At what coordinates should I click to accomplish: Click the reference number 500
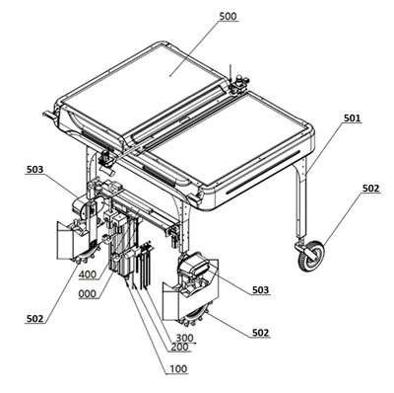point(228,16)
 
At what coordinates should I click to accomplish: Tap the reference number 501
point(352,118)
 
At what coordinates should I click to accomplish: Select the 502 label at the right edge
point(370,189)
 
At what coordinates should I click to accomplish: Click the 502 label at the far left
point(34,318)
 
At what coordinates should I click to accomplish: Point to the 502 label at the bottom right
point(261,333)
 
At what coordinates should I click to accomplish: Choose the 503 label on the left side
point(34,170)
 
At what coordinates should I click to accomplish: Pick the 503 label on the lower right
point(260,290)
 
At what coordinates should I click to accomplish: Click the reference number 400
point(88,274)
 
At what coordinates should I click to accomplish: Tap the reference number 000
point(88,293)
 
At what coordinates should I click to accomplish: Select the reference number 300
point(185,338)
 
